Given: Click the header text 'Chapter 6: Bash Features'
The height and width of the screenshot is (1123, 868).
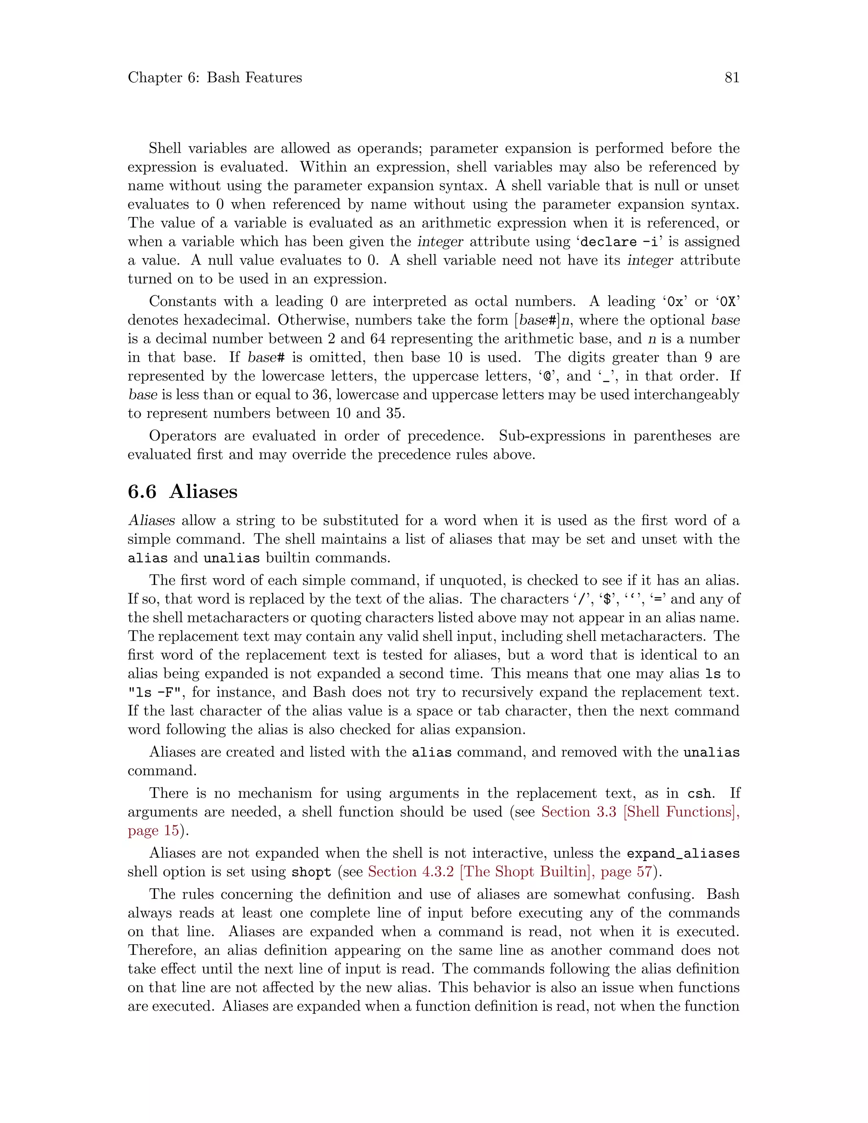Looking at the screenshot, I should tap(215, 78).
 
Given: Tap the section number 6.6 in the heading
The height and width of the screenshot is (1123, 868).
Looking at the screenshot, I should tap(142, 492).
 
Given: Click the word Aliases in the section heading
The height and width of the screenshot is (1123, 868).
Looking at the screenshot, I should tap(203, 492).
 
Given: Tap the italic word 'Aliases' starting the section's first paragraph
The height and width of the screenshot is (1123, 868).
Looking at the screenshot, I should tap(152, 520).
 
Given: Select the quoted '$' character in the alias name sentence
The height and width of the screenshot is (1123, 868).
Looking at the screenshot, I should tap(608, 600).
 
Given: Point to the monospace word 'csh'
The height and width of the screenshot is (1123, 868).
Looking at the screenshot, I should tap(700, 793).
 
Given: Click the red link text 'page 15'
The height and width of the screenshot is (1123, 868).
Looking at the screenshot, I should tap(153, 831).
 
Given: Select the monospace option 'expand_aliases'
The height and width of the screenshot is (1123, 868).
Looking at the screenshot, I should tap(683, 853).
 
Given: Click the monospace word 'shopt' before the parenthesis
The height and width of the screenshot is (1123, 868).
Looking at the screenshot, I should tap(311, 873).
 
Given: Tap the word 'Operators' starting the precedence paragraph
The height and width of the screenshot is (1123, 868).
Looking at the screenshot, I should tap(181, 436).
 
